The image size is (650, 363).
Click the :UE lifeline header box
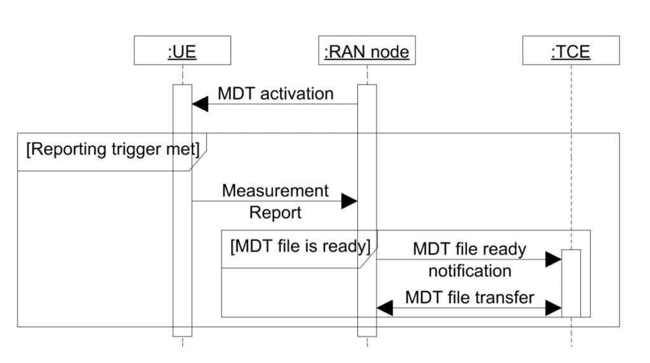pyautogui.click(x=182, y=52)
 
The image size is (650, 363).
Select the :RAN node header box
pyautogui.click(x=367, y=52)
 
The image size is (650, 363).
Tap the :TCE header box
pyautogui.click(x=571, y=52)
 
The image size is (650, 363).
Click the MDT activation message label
pyautogui.click(x=275, y=94)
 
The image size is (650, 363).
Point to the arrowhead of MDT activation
pyautogui.click(x=200, y=104)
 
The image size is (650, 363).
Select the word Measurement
pyautogui.click(x=275, y=191)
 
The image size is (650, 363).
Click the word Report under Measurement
pyautogui.click(x=275, y=213)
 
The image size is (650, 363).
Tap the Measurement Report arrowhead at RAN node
pyautogui.click(x=349, y=201)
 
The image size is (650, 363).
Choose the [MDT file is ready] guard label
pyautogui.click(x=300, y=245)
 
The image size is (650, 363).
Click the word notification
pyautogui.click(x=470, y=271)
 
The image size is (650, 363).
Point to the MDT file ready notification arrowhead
pyautogui.click(x=554, y=258)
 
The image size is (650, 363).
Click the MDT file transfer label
pyautogui.click(x=469, y=297)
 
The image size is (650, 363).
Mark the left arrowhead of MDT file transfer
pyautogui.click(x=385, y=308)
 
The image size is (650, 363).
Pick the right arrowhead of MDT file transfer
pyautogui.click(x=554, y=308)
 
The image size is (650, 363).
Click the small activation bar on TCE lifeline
pyautogui.click(x=571, y=283)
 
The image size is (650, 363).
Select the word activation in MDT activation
pyautogui.click(x=296, y=94)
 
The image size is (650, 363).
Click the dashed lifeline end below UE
pyautogui.click(x=182, y=342)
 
